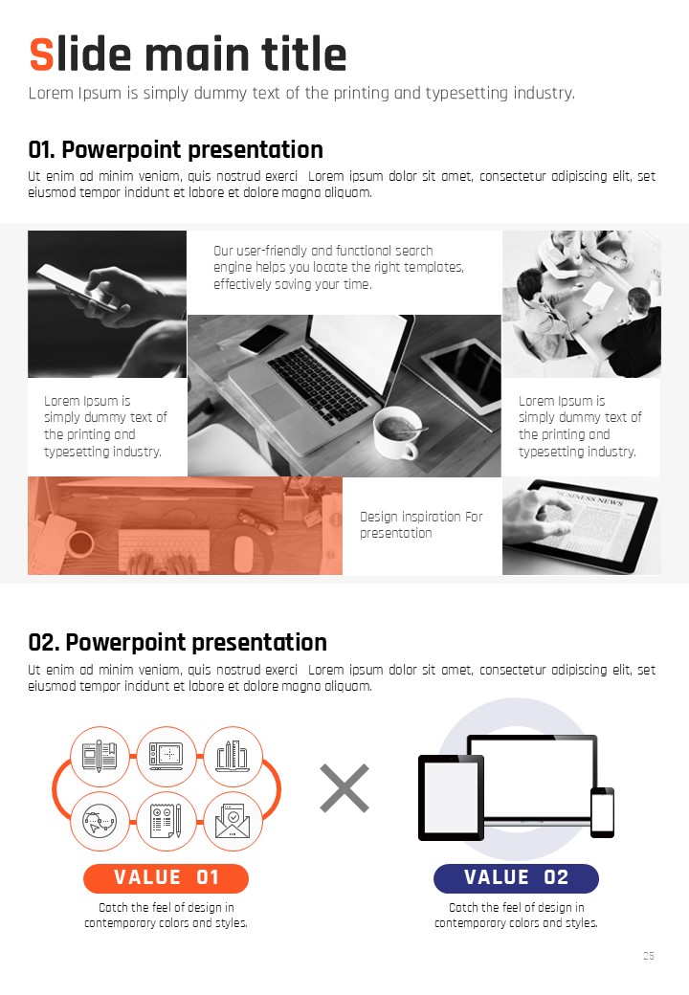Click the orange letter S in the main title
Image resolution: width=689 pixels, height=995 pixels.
click(42, 55)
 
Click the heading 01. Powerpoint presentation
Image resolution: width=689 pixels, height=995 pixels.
click(176, 150)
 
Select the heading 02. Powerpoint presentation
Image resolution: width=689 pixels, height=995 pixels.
click(178, 642)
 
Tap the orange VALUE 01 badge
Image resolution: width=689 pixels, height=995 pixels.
click(166, 877)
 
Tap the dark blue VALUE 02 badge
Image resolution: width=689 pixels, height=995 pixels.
click(516, 877)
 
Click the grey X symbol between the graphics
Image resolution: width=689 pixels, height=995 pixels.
click(344, 788)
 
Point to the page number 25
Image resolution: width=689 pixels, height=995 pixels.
click(649, 956)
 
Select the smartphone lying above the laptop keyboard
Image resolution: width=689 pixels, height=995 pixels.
click(262, 339)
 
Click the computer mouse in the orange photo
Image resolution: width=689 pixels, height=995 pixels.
click(244, 553)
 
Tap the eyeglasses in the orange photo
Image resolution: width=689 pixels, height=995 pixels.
click(257, 521)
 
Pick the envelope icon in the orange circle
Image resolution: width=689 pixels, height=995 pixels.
click(233, 821)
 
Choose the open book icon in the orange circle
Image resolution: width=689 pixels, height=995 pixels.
click(100, 756)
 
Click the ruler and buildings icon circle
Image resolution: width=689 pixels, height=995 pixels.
click(233, 756)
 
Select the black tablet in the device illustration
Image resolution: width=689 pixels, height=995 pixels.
click(451, 798)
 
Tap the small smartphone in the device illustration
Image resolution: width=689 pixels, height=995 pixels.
click(602, 812)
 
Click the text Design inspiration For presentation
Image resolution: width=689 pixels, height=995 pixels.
click(421, 525)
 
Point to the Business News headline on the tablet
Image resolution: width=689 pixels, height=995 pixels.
click(589, 497)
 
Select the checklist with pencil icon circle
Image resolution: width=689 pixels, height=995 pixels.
click(167, 821)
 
